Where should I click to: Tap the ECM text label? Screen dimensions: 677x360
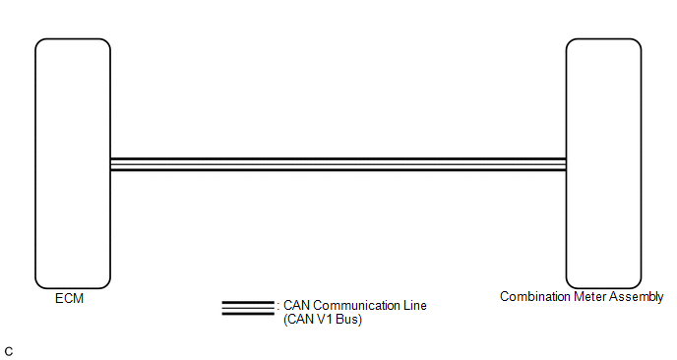[x=69, y=299]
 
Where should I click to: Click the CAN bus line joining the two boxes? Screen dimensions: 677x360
[x=338, y=164]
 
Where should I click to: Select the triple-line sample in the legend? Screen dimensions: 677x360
[x=248, y=308]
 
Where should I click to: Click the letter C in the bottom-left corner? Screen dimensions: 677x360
[x=9, y=352]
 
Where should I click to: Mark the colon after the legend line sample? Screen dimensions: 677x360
[x=278, y=307]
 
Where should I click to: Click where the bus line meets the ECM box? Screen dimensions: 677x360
[x=110, y=164]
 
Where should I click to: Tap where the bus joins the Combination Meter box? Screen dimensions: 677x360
[x=566, y=164]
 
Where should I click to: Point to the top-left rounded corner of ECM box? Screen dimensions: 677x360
[x=38, y=42]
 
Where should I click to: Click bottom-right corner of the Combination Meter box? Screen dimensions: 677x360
[x=638, y=285]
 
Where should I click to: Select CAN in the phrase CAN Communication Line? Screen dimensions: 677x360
[x=296, y=306]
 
